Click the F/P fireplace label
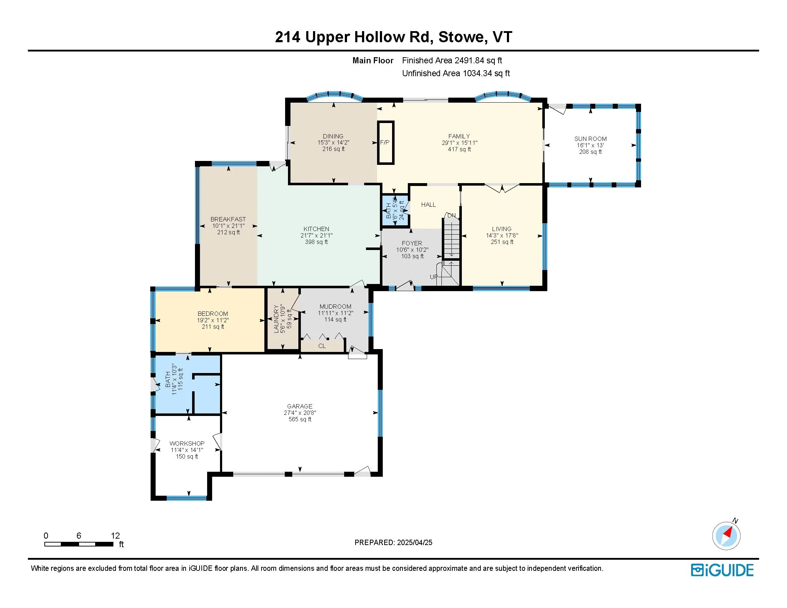click(385, 142)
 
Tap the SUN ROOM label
click(590, 139)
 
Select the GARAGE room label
click(300, 406)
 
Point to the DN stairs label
click(451, 215)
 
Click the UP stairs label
click(434, 276)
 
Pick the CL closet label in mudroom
click(322, 346)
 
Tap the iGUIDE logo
click(722, 570)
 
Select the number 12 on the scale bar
click(115, 536)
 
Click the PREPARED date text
click(393, 543)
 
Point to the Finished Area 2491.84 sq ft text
click(452, 60)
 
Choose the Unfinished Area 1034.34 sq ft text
click(456, 73)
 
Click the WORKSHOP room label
click(187, 443)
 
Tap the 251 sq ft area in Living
click(502, 242)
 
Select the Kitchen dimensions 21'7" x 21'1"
click(316, 235)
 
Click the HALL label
click(429, 205)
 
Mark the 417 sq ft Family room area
click(459, 149)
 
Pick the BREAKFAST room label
click(228, 219)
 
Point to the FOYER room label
click(412, 243)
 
